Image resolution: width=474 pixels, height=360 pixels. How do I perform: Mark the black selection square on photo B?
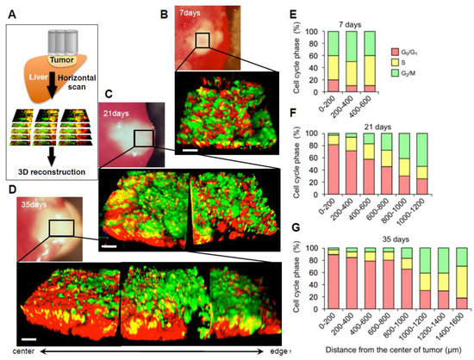pos(202,41)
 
